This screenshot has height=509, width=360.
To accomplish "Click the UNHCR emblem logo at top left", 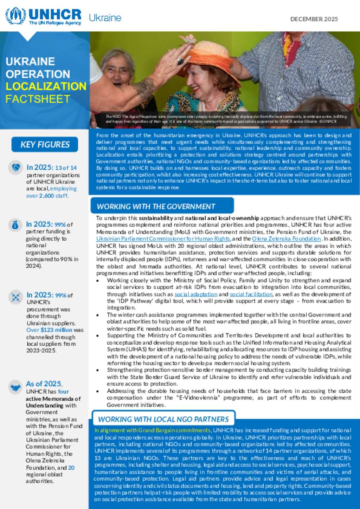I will (15, 16).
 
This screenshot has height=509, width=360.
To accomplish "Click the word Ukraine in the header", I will (105, 18).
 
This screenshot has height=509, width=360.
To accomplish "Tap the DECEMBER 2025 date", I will (314, 19).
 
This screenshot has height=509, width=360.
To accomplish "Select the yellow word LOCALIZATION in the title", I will (46, 86).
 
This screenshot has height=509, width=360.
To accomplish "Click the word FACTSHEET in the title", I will (38, 99).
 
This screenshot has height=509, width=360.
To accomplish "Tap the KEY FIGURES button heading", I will (45, 144).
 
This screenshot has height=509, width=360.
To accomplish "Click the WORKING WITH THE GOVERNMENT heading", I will (156, 207).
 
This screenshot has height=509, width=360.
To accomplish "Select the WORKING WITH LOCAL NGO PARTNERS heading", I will (163, 419).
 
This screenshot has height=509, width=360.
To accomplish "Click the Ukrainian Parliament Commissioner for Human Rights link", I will (163, 239).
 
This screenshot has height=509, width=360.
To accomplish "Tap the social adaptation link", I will (196, 294).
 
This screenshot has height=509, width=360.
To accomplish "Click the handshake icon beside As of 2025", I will (15, 387).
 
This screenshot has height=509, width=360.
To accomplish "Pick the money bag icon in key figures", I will (15, 225).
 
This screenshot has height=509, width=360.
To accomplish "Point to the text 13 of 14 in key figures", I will (66, 168).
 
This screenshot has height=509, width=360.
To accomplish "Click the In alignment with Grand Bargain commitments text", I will (152, 430).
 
